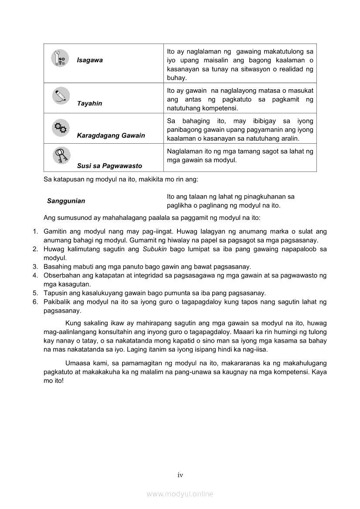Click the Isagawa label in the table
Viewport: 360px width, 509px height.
(90, 60)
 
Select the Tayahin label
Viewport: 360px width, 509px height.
(89, 103)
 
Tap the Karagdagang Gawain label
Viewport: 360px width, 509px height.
(111, 135)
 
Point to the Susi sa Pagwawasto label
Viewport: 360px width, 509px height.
(109, 166)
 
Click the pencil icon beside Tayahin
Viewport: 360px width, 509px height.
(61, 96)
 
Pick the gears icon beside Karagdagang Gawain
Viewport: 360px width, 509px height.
(61, 128)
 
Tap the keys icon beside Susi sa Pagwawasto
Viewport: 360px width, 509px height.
(61, 155)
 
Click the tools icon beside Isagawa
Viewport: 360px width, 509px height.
(60, 58)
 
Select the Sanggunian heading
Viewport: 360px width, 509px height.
(66, 201)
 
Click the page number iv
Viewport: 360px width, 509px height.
(180, 475)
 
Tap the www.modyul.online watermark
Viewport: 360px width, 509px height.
(180, 494)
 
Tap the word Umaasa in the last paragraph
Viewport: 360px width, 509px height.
(77, 363)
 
